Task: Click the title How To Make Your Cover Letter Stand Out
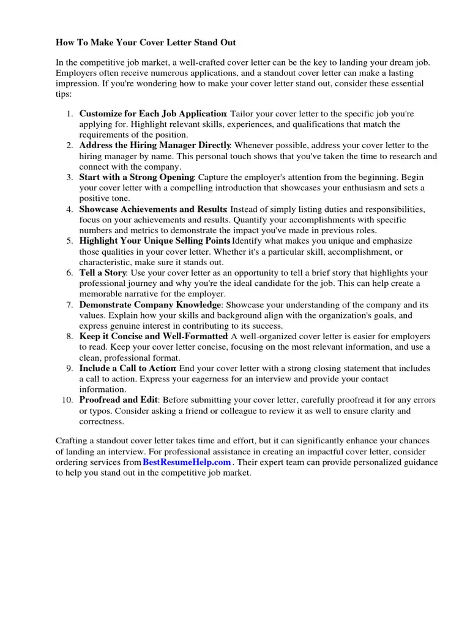coord(146,43)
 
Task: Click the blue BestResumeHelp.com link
coord(187,462)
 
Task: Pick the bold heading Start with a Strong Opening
coord(137,177)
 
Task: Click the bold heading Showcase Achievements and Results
coord(153,209)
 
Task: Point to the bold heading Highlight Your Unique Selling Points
coord(155,241)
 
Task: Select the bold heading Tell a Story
coord(103,272)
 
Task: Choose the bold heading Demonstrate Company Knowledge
coord(150,304)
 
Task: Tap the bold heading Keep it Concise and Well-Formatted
coord(154,336)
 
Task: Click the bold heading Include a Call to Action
coord(128,368)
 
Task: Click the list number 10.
coord(68,400)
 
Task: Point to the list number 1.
coord(70,114)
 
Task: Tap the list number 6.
coord(70,272)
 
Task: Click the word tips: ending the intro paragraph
coord(64,94)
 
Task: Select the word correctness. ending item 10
coord(102,421)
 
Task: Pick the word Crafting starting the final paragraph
coord(72,441)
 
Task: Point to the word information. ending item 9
coord(103,389)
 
